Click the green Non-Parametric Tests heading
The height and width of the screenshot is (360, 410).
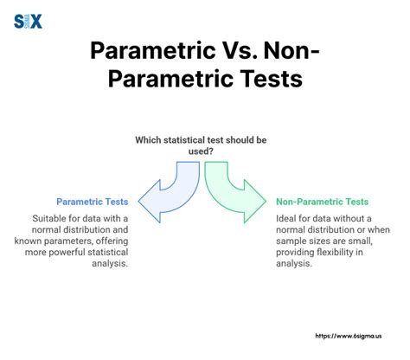click(x=327, y=201)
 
